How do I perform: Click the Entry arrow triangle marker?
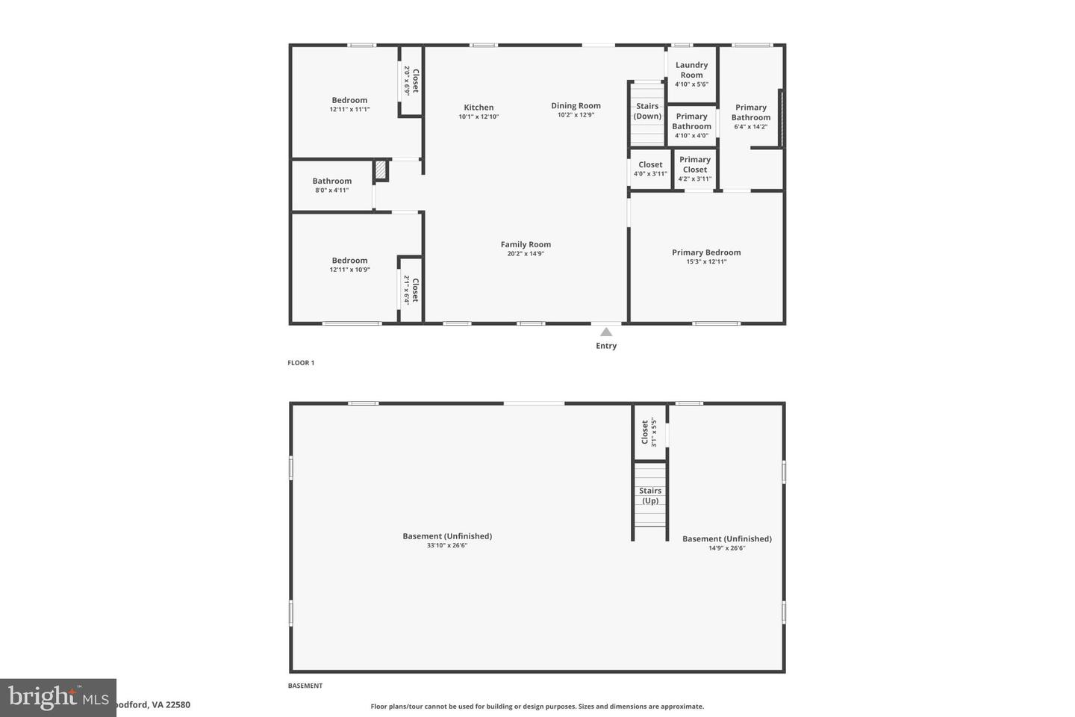pos(606,332)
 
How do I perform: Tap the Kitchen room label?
pos(479,108)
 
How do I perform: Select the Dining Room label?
pos(576,106)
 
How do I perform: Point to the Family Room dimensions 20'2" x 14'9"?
pos(526,254)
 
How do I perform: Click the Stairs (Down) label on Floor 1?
pos(647,111)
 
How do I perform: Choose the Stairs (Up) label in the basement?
pos(650,496)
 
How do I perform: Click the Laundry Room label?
pos(691,70)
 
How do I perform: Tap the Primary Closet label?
pos(694,164)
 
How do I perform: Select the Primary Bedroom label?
pos(706,252)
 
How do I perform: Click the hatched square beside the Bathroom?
pos(381,170)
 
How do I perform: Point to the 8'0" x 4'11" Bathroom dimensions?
pos(331,190)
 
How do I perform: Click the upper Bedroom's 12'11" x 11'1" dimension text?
pos(349,110)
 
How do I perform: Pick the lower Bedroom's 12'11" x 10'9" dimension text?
pos(349,270)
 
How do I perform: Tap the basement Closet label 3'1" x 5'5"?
pos(649,432)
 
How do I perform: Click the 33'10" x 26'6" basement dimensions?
pos(447,546)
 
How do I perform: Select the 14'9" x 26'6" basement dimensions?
pos(726,548)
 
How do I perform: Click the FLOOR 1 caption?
pos(301,363)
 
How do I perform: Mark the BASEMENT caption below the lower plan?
pos(305,686)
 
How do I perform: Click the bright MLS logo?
pos(58,698)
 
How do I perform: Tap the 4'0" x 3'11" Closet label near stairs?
pos(650,174)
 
